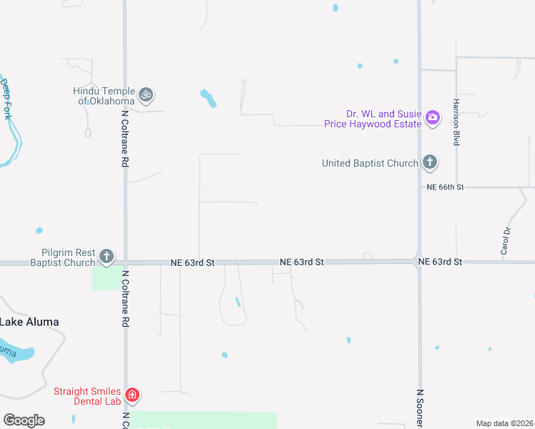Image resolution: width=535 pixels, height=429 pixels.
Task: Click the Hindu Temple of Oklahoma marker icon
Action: pyautogui.click(x=146, y=94)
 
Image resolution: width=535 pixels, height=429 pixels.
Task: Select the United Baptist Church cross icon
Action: pyautogui.click(x=430, y=162)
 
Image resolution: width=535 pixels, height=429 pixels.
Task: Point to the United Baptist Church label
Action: pyautogui.click(x=370, y=163)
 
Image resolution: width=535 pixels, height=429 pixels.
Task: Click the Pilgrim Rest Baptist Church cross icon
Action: pyautogui.click(x=107, y=256)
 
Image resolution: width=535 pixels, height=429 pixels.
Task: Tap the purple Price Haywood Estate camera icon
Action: pyautogui.click(x=433, y=118)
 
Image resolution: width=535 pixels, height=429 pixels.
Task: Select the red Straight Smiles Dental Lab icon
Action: pyautogui.click(x=132, y=395)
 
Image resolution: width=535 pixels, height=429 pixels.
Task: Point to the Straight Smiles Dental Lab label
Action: pyautogui.click(x=87, y=396)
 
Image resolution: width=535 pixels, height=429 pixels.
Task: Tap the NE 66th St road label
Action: pyautogui.click(x=446, y=187)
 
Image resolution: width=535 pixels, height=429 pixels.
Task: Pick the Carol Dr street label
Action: pyautogui.click(x=506, y=241)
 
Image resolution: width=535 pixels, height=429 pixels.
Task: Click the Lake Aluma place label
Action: pyautogui.click(x=29, y=322)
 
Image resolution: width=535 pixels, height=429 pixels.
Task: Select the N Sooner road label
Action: pyautogui.click(x=420, y=408)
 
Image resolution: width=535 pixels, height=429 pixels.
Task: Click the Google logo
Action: pyautogui.click(x=24, y=420)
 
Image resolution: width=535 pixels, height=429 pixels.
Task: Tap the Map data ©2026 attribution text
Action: pyautogui.click(x=504, y=423)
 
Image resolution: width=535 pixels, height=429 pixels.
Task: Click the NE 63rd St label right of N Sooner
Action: pyautogui.click(x=441, y=262)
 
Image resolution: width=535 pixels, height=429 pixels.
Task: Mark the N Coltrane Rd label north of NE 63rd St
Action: pyautogui.click(x=124, y=138)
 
